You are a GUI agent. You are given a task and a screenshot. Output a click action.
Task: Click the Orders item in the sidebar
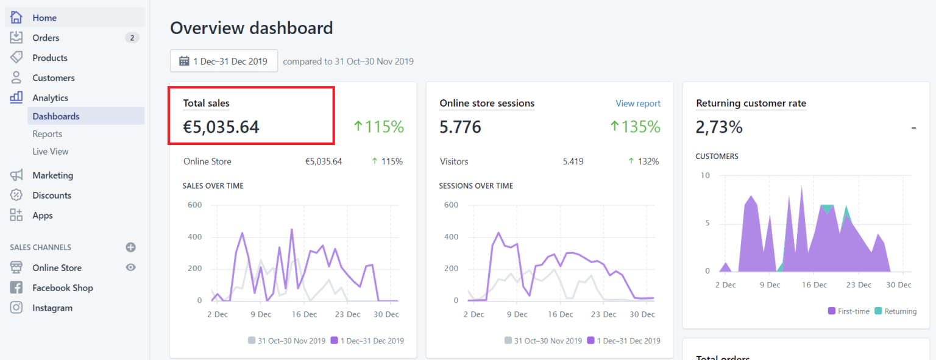[46, 38]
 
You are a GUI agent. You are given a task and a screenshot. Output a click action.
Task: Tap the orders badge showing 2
[132, 38]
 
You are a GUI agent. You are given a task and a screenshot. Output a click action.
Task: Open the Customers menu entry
[53, 78]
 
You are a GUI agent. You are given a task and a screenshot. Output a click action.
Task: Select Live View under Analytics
[51, 151]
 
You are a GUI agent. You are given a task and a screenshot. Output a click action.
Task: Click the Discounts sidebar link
[52, 196]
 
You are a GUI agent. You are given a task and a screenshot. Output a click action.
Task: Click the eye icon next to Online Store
[130, 267]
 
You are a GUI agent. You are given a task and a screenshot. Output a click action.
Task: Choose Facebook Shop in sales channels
[62, 288]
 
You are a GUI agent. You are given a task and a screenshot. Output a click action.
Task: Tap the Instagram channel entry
[52, 308]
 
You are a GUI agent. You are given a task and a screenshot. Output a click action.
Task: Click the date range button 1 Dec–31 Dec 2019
[224, 61]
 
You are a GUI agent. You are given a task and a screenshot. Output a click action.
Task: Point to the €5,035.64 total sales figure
[221, 127]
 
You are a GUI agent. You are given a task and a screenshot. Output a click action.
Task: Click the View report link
[637, 104]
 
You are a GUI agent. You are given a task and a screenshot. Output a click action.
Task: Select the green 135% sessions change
[635, 127]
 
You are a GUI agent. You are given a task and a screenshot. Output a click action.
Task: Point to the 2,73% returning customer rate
[719, 127]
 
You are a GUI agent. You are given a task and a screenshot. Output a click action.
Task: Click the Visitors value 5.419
[573, 161]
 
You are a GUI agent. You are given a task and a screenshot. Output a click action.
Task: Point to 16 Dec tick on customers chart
[814, 284]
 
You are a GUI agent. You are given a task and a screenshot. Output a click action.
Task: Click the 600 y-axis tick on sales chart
[194, 205]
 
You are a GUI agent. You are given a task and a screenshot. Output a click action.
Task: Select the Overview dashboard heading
[251, 28]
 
